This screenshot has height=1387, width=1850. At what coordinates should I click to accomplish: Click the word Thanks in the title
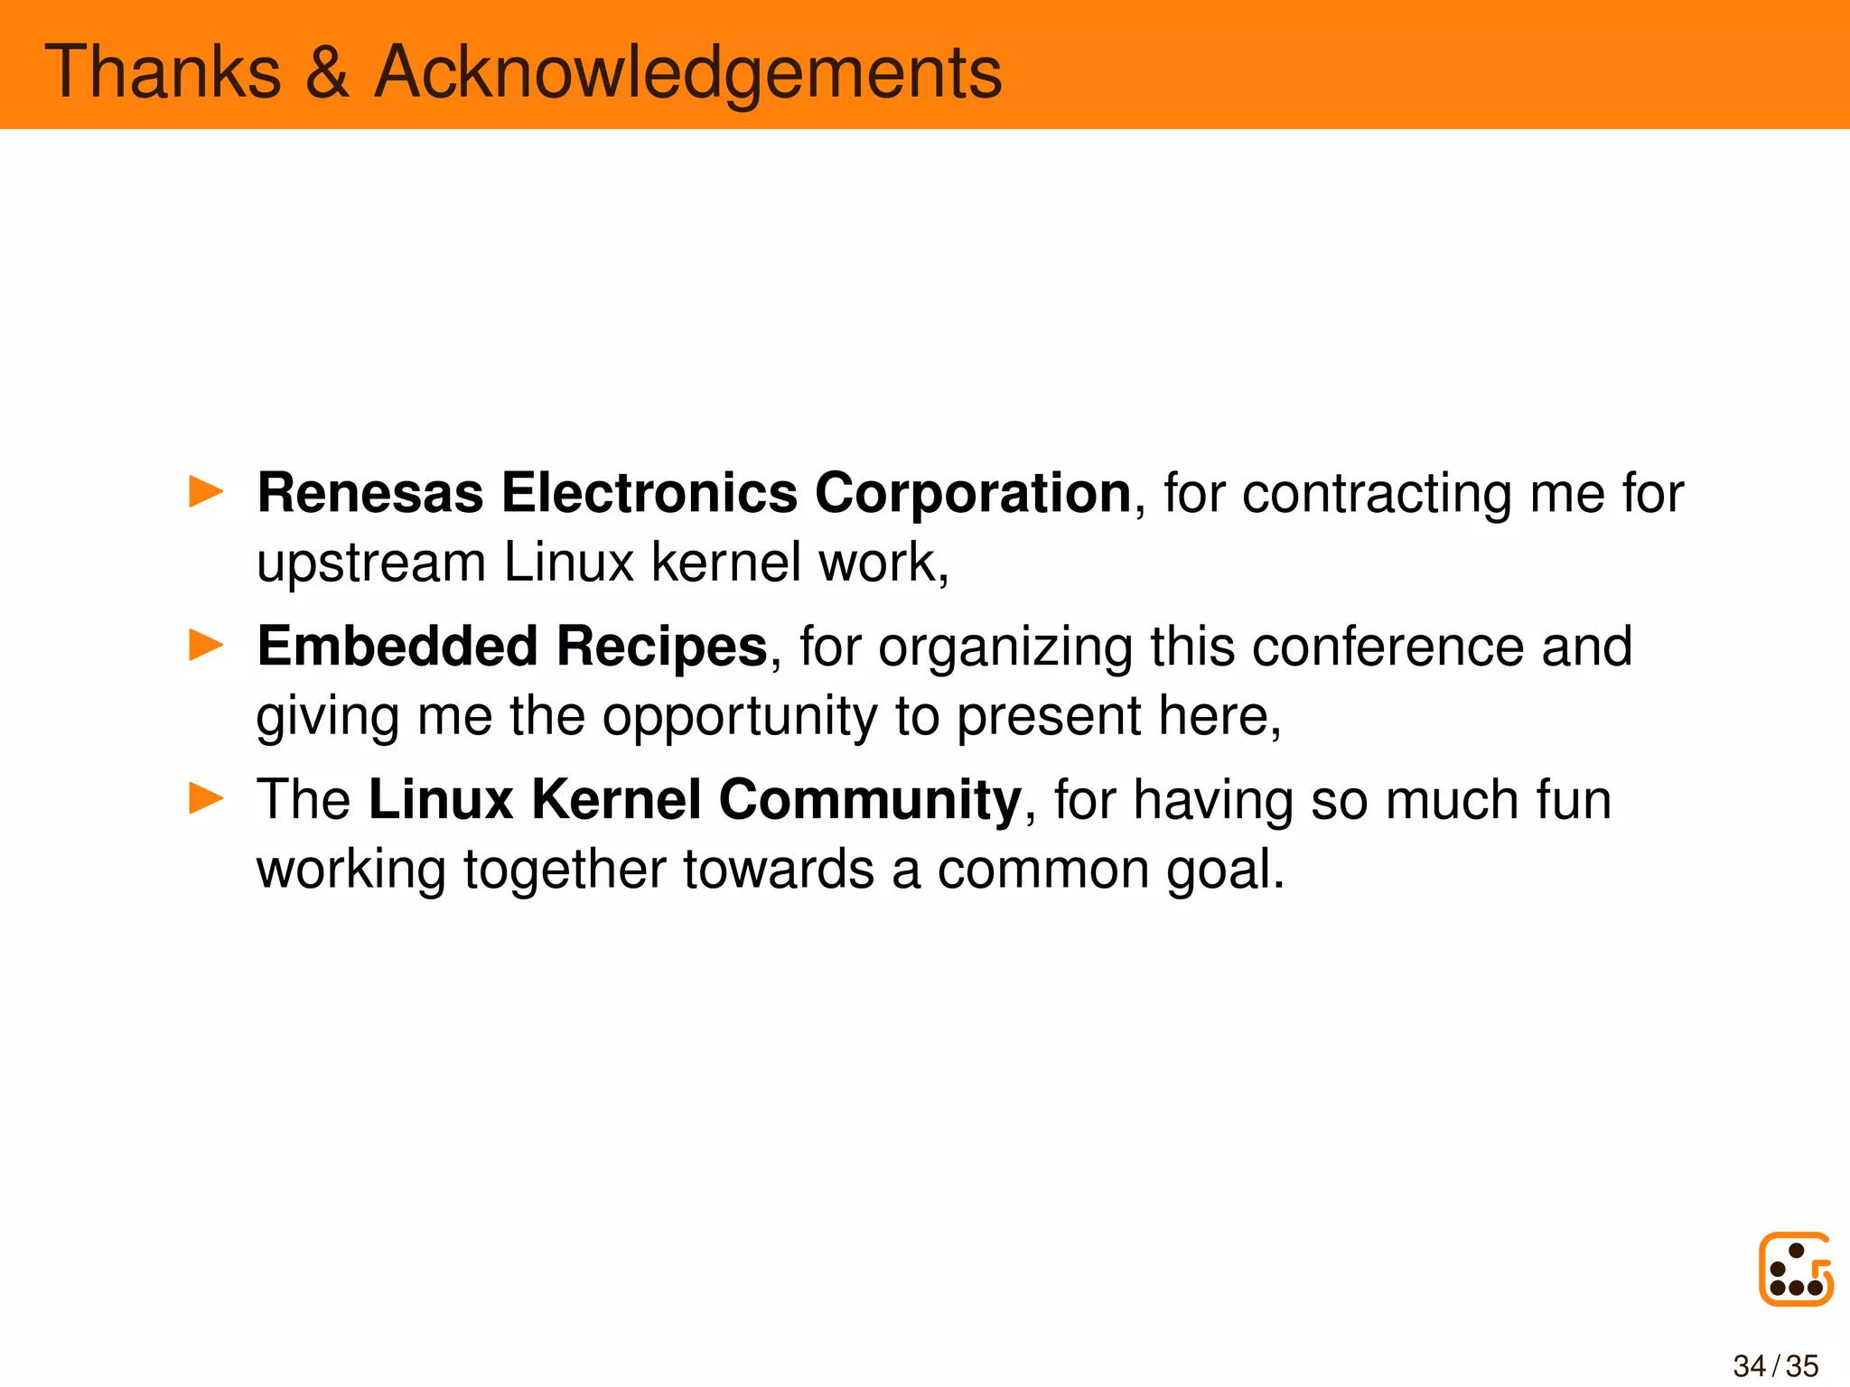tap(163, 72)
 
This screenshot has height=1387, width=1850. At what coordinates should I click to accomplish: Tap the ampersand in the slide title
tap(327, 72)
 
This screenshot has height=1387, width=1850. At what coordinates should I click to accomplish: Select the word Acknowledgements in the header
tap(688, 72)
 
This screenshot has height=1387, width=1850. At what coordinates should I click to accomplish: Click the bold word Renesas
tap(370, 493)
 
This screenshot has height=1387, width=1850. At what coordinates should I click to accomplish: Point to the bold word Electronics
tap(649, 493)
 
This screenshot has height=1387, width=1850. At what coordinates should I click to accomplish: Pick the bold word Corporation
tap(973, 493)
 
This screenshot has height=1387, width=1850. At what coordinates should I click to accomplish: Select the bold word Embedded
tap(397, 647)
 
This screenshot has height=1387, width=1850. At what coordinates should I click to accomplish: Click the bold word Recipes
tap(661, 647)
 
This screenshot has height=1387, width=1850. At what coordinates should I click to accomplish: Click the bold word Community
tap(870, 800)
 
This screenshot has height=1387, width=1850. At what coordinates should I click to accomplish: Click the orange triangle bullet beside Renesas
tap(206, 492)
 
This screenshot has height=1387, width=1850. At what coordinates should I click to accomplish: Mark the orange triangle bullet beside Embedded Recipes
tap(206, 646)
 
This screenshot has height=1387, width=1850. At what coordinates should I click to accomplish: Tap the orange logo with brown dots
tap(1796, 1269)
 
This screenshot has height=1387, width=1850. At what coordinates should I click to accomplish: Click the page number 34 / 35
tap(1776, 1365)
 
